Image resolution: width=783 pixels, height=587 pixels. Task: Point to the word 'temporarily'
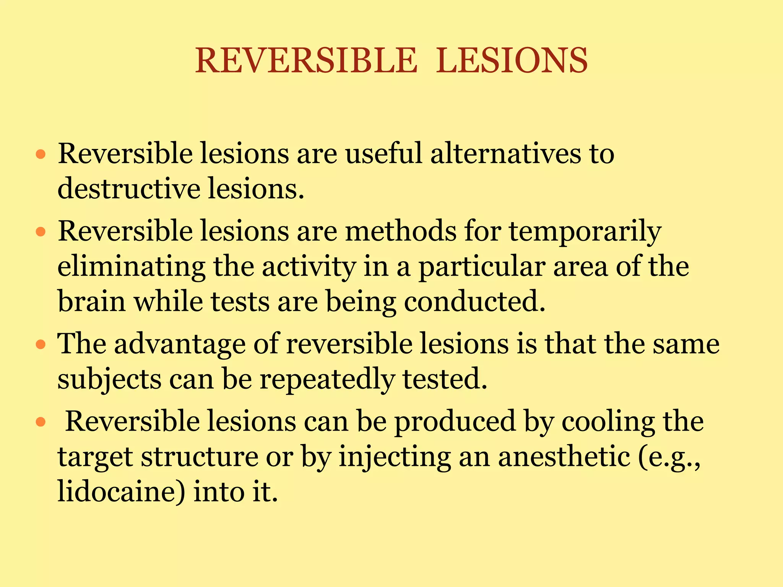585,232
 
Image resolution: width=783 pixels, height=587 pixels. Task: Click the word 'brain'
91,302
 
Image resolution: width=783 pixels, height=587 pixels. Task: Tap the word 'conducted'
474,302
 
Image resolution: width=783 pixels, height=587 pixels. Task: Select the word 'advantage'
180,344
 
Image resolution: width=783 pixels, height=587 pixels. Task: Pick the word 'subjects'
109,380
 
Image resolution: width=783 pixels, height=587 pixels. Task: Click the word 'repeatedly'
327,380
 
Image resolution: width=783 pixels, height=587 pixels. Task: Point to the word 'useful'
384,154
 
